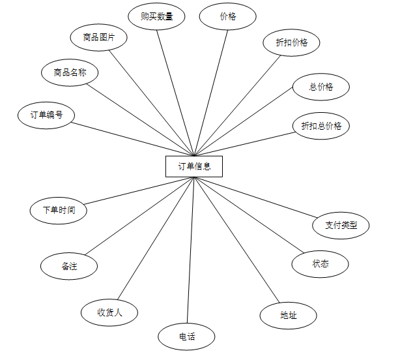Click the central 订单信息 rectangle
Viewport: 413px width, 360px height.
(194, 166)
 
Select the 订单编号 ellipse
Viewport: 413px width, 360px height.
(46, 115)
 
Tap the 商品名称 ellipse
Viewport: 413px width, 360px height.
(70, 72)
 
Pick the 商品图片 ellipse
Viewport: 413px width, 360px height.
(99, 37)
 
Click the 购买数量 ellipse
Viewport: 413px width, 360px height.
(157, 16)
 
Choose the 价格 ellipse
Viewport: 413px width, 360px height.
(227, 16)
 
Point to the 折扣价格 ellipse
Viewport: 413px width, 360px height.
(292, 42)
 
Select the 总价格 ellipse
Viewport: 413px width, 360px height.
(321, 87)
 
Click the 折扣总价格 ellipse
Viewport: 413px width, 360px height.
(321, 126)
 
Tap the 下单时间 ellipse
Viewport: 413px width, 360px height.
(59, 210)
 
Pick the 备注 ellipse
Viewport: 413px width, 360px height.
(70, 266)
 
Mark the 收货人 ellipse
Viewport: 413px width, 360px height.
(109, 312)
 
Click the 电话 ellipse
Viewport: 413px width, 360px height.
(186, 337)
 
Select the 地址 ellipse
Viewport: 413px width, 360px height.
(288, 315)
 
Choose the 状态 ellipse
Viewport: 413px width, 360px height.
(320, 263)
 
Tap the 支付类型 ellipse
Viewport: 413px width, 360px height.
(341, 226)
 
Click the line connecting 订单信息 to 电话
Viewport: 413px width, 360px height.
(190, 251)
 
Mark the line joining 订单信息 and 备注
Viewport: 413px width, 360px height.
(139, 217)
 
